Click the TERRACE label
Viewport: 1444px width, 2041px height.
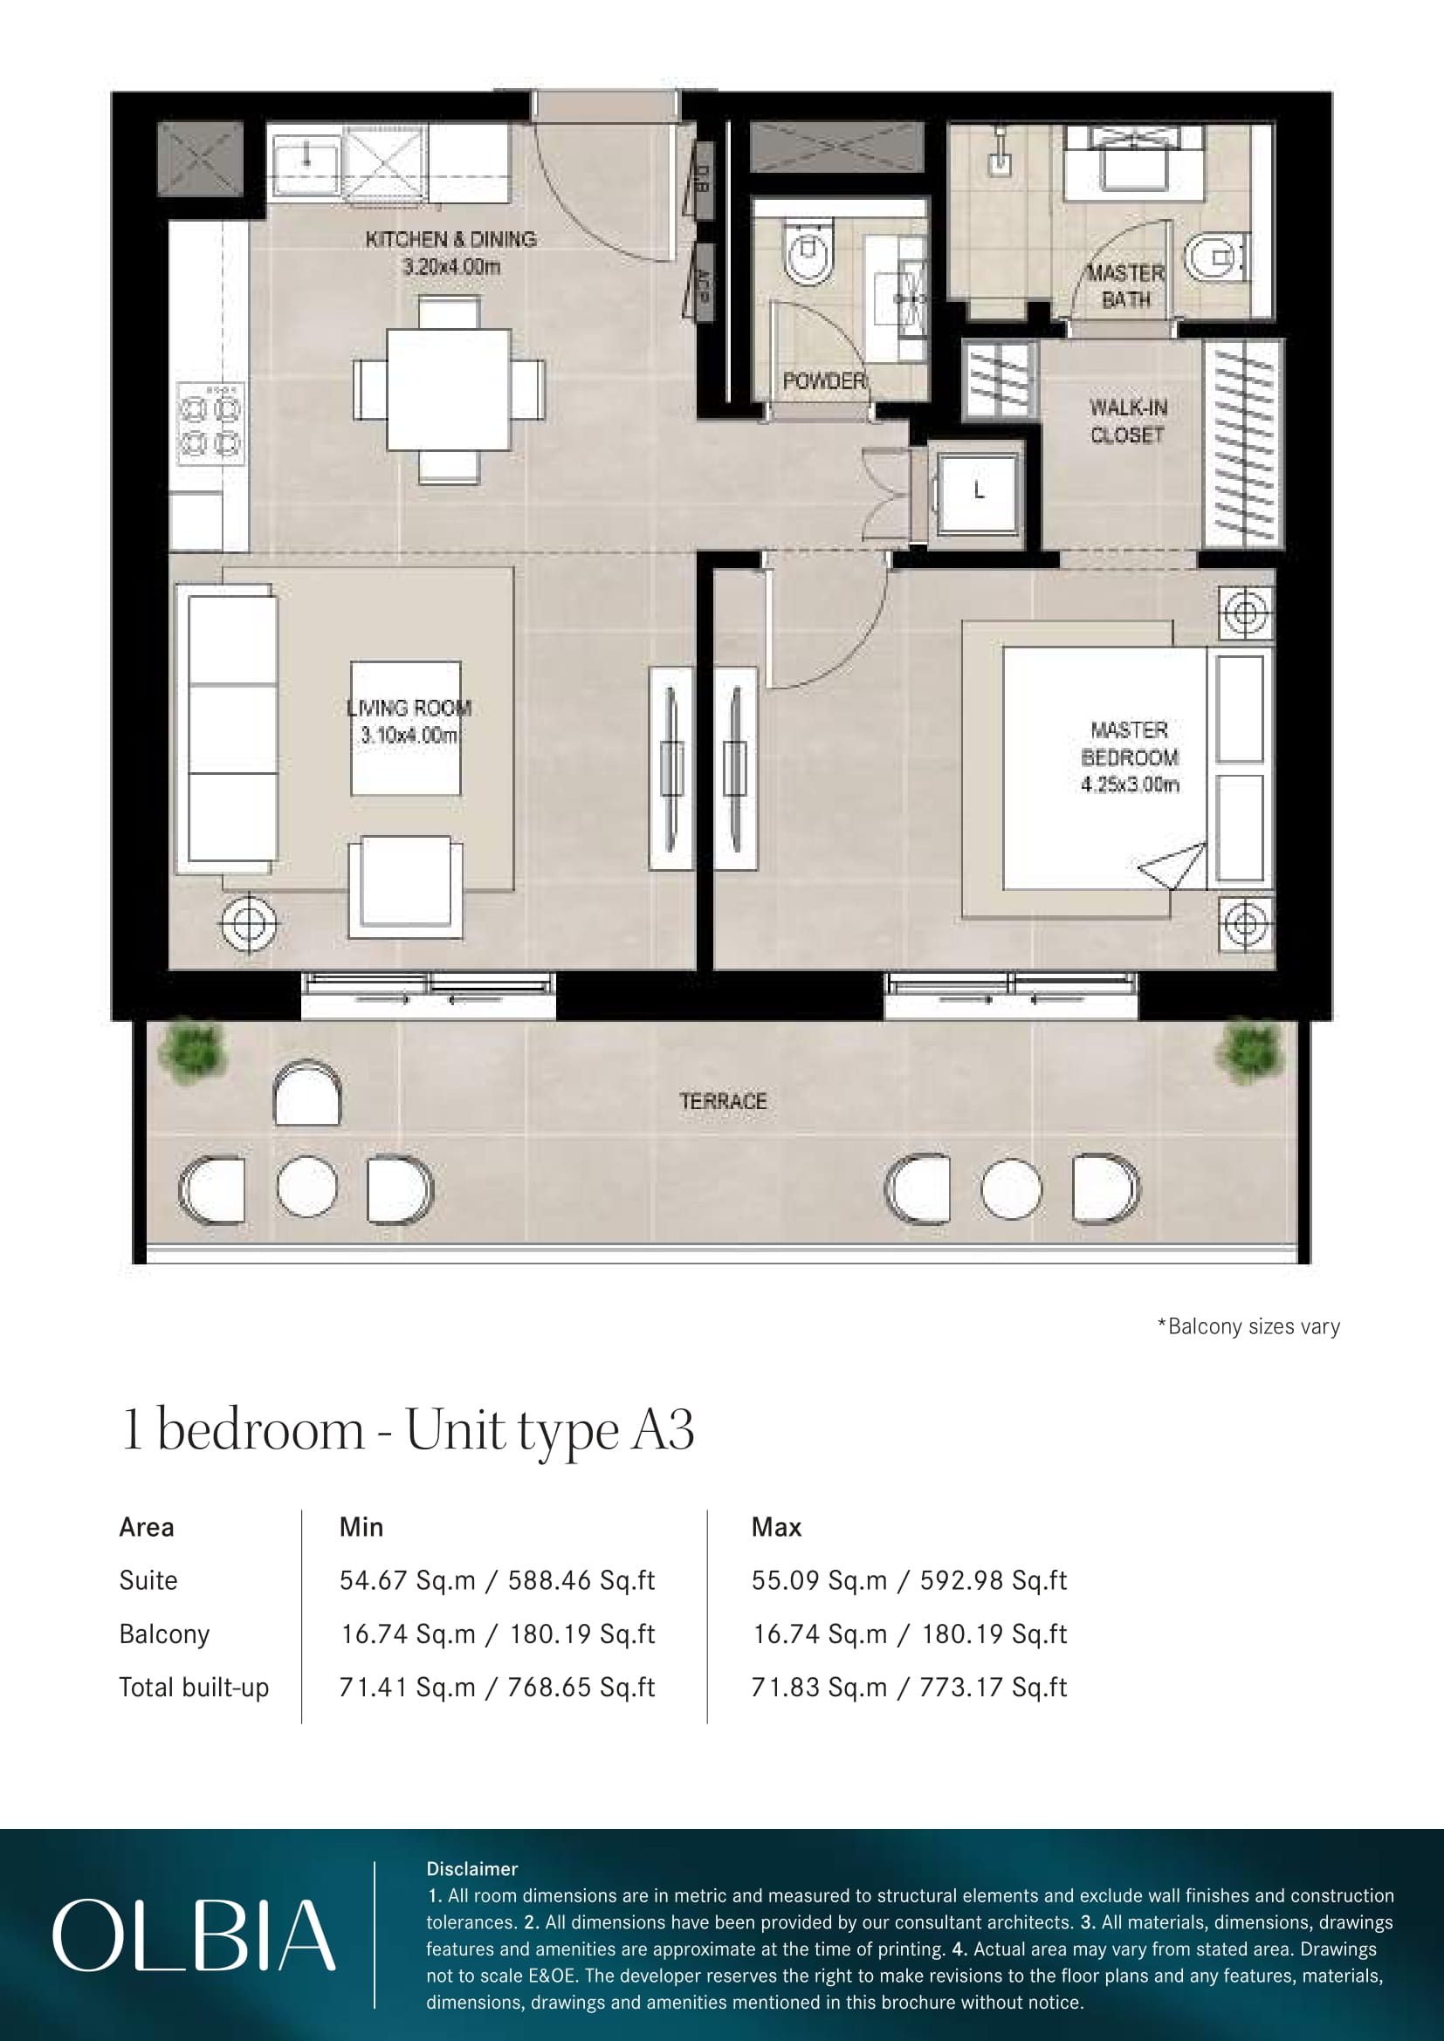click(723, 1101)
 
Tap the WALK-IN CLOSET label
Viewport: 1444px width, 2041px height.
click(1127, 421)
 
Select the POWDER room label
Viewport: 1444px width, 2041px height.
click(823, 381)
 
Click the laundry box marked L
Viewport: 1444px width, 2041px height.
click(978, 491)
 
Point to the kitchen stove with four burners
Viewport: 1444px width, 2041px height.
click(210, 423)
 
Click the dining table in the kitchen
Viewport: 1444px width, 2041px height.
click(449, 390)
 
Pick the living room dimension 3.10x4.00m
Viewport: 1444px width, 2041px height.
click(409, 735)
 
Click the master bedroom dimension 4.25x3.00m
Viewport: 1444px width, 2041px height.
click(1130, 785)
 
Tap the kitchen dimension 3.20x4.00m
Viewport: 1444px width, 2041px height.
click(450, 267)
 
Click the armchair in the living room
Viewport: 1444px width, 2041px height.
click(405, 887)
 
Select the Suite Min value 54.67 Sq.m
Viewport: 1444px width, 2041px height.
click(407, 1579)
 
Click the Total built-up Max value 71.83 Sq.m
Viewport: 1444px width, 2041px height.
click(819, 1687)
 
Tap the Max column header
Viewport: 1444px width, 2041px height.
click(776, 1527)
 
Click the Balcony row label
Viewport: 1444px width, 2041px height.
click(164, 1633)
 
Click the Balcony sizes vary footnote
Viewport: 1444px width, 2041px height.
click(1248, 1326)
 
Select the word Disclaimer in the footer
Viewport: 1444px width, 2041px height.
click(472, 1868)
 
